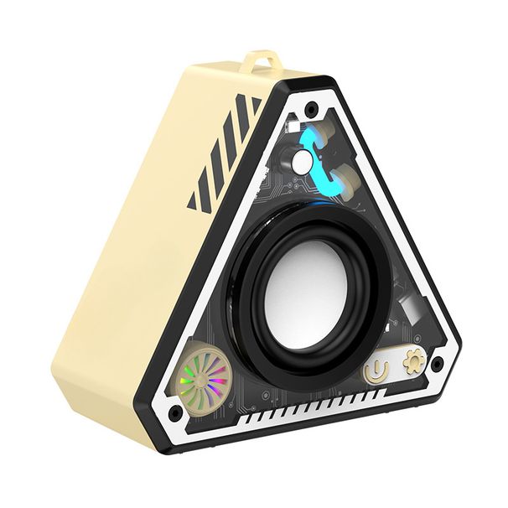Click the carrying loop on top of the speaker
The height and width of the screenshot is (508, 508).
point(261,63)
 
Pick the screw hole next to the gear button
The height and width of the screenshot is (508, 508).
point(436,363)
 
